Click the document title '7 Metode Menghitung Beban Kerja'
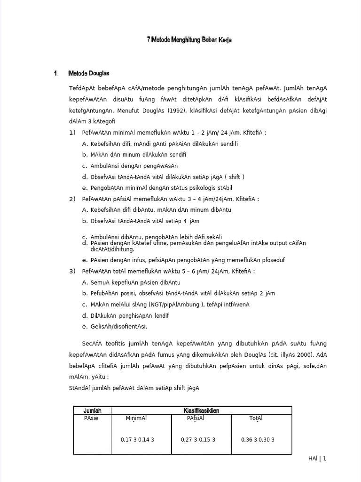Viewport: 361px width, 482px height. [x=189, y=40]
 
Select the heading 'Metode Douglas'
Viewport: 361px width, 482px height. [x=89, y=73]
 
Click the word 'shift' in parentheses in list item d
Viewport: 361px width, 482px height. [x=234, y=177]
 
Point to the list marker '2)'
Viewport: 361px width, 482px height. [x=72, y=199]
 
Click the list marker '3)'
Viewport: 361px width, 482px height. [x=72, y=272]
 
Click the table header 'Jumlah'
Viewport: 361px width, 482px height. [x=93, y=410]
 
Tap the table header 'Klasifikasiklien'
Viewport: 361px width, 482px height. [x=201, y=410]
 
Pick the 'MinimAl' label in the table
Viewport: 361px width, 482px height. [x=136, y=418]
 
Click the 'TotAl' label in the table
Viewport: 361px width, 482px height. [x=256, y=418]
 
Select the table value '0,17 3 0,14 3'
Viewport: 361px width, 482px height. [x=137, y=440]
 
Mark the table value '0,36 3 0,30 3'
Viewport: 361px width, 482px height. [x=258, y=440]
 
